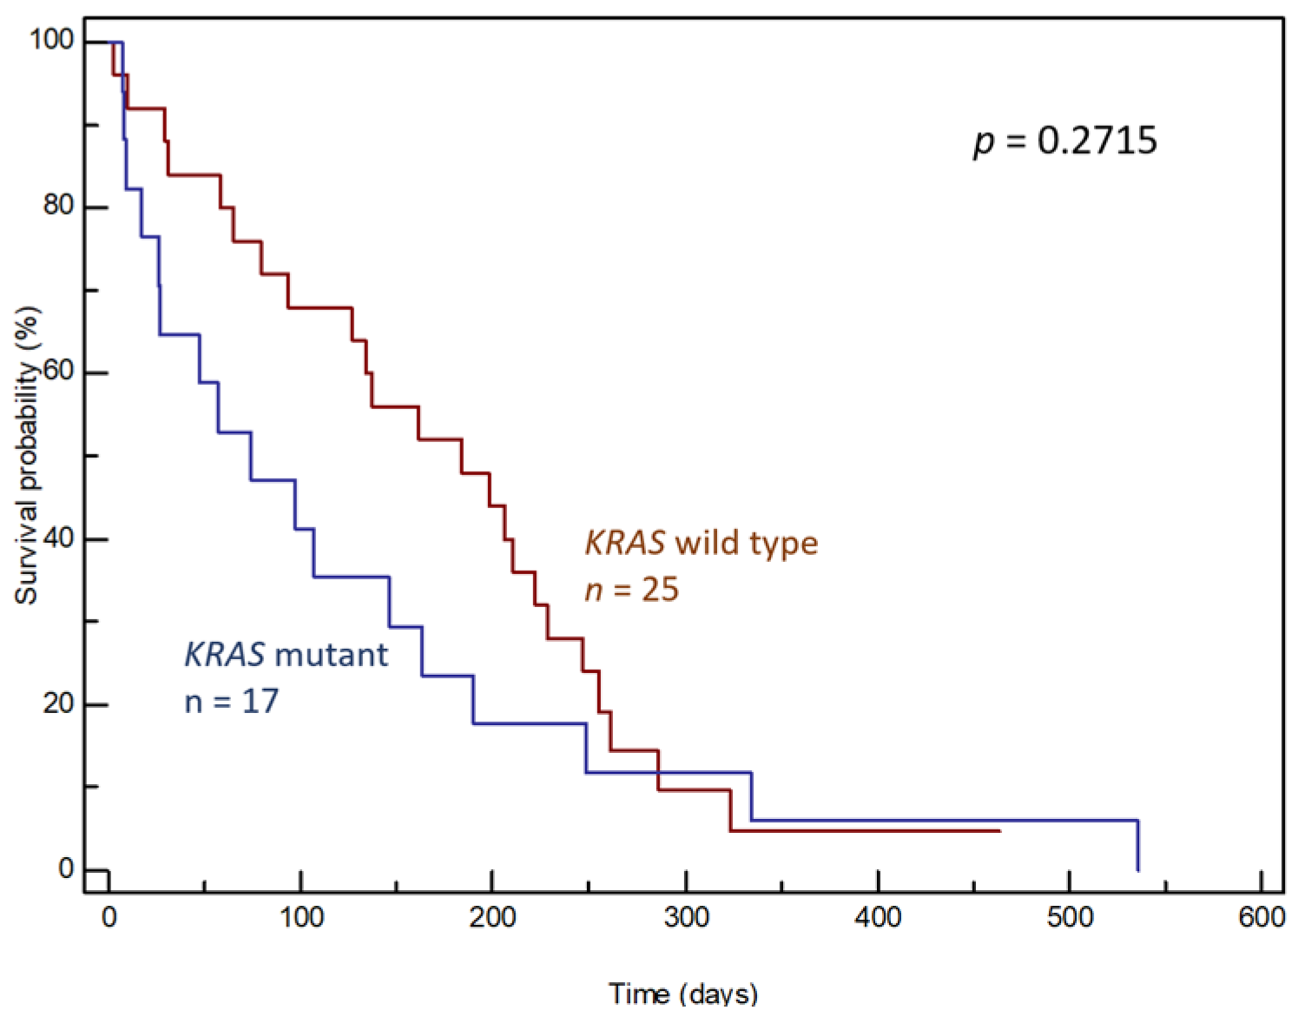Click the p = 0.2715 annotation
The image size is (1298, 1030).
[x=1065, y=141]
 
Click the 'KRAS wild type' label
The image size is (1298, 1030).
[x=702, y=543]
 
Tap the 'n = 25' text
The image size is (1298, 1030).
[x=631, y=590]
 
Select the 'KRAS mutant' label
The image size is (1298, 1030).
[x=286, y=654]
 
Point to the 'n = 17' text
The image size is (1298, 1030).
[x=231, y=701]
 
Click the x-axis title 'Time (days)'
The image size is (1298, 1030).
[x=683, y=993]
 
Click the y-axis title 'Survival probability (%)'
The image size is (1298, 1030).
[x=27, y=455]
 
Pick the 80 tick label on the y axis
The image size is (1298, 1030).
[x=59, y=206]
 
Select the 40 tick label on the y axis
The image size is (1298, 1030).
[x=59, y=538]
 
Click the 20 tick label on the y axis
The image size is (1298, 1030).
[x=59, y=703]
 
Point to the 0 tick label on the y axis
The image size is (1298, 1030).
[x=67, y=868]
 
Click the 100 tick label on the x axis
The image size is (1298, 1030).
[x=301, y=917]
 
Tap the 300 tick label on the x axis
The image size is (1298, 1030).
[x=686, y=917]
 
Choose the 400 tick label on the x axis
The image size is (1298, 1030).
[x=878, y=917]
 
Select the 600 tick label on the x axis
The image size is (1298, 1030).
[x=1262, y=917]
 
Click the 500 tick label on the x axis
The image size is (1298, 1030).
[x=1070, y=917]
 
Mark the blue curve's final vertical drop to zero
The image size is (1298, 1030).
[x=1137, y=845]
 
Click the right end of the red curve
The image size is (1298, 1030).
[x=998, y=831]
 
